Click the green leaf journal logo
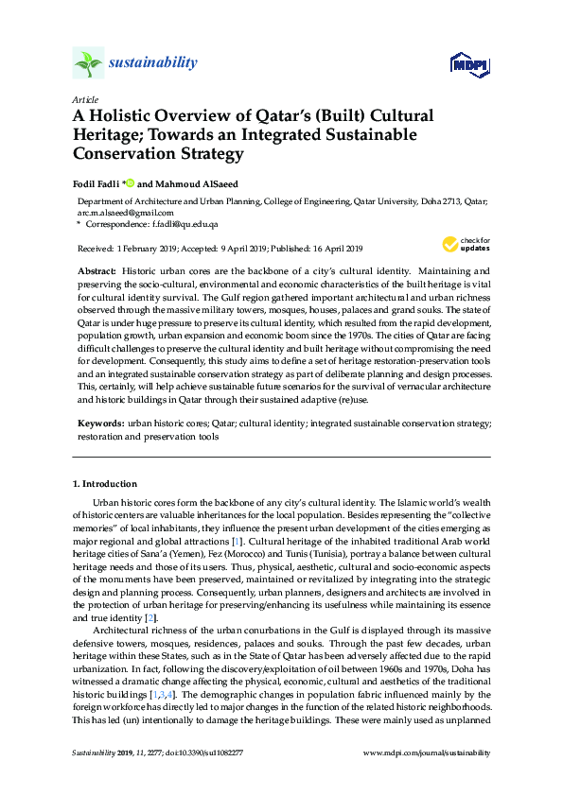click(88, 63)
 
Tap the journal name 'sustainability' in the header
click(153, 63)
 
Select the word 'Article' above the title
click(84, 99)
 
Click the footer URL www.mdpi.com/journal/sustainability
click(427, 753)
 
